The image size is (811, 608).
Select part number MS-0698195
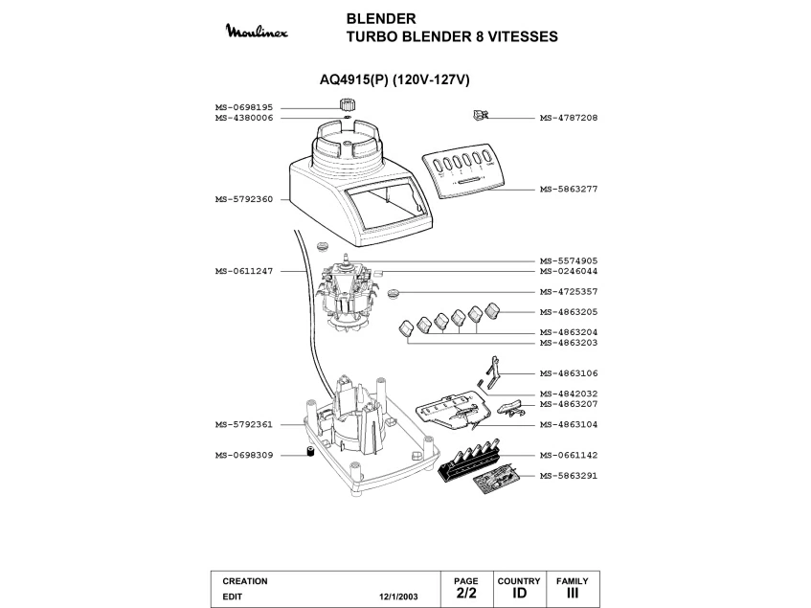pyautogui.click(x=244, y=107)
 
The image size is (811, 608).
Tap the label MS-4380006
pyautogui.click(x=244, y=118)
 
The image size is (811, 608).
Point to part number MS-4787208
pyautogui.click(x=569, y=118)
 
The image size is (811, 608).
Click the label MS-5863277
pyautogui.click(x=569, y=190)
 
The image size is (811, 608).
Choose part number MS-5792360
pyautogui.click(x=244, y=199)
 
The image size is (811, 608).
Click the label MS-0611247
pyautogui.click(x=244, y=271)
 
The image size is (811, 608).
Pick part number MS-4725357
pyautogui.click(x=569, y=291)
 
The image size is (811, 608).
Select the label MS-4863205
pyautogui.click(x=569, y=311)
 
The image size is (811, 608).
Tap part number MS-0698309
pyautogui.click(x=244, y=455)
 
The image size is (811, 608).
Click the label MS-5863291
pyautogui.click(x=569, y=475)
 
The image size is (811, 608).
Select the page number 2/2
pyautogui.click(x=465, y=594)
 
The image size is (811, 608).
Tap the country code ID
pyautogui.click(x=519, y=594)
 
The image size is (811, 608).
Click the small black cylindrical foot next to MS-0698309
pyautogui.click(x=310, y=452)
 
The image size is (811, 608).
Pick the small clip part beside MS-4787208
pyautogui.click(x=481, y=115)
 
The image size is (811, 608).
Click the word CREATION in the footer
pyautogui.click(x=245, y=581)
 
